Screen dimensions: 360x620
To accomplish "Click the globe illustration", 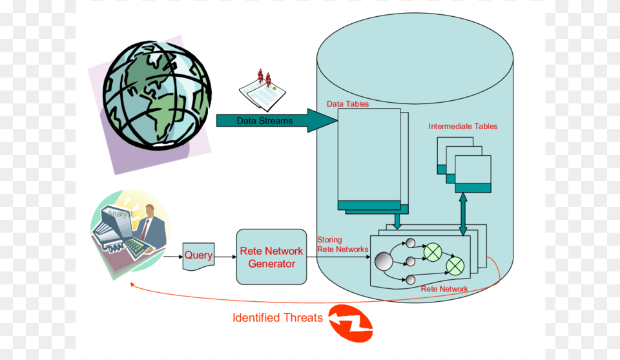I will pos(157,95).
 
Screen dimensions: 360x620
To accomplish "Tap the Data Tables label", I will pos(347,103).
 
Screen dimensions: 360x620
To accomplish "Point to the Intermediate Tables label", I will pos(463,127).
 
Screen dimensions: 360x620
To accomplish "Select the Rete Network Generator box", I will pos(271,257).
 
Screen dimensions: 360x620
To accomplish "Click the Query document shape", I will pos(198,256).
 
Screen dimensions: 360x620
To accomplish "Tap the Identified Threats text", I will pos(278,317).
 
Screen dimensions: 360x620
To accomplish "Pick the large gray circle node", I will pos(384,261).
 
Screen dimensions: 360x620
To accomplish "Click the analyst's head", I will pos(150,211).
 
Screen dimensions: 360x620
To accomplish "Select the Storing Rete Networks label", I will pos(342,245).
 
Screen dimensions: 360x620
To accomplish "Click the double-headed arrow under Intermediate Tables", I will pos(463,213).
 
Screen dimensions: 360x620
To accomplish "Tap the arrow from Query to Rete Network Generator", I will pos(225,257).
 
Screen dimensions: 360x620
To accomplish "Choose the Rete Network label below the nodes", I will pos(444,289).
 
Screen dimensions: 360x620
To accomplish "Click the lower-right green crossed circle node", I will pos(455,265).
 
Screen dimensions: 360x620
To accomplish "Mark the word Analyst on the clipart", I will pos(121,214).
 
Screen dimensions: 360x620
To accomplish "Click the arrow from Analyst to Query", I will pos(173,257).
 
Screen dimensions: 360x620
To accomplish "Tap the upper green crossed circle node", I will pos(431,251).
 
